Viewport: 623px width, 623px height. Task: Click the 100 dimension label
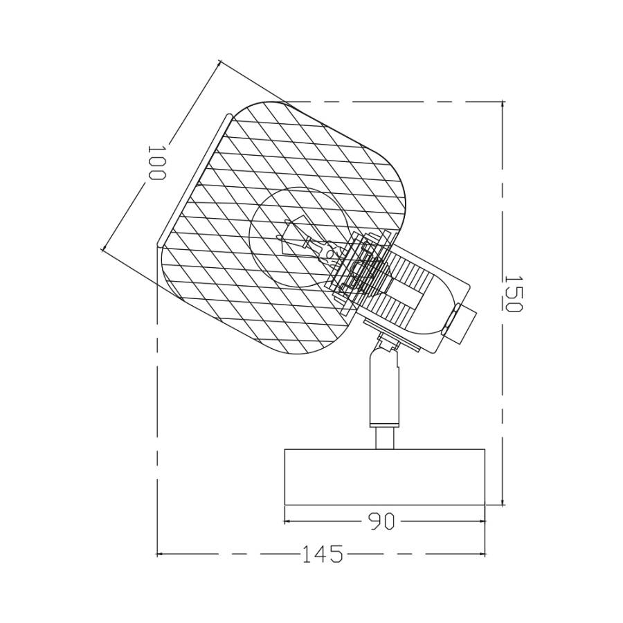coord(156,163)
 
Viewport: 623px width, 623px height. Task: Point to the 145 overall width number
coord(323,554)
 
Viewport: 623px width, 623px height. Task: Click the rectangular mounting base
coord(385,477)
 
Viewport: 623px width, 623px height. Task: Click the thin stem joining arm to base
coord(385,438)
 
